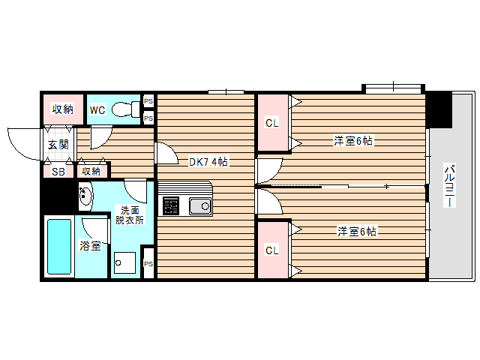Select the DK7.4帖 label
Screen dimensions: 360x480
pos(208,161)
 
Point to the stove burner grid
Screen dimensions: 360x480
pos(171,205)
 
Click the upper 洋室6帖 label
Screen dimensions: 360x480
pos(354,140)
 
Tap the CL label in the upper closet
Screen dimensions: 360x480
pos(272,122)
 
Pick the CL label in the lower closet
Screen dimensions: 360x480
pos(272,250)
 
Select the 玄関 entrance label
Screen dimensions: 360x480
pos(58,145)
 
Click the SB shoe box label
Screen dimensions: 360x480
pos(57,172)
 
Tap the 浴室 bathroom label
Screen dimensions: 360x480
pos(91,245)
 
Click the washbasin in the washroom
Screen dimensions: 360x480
pos(85,197)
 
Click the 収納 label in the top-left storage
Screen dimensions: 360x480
pos(62,109)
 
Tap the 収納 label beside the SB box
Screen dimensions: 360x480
pos(91,172)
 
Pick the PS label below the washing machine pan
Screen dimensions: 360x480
pos(148,264)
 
